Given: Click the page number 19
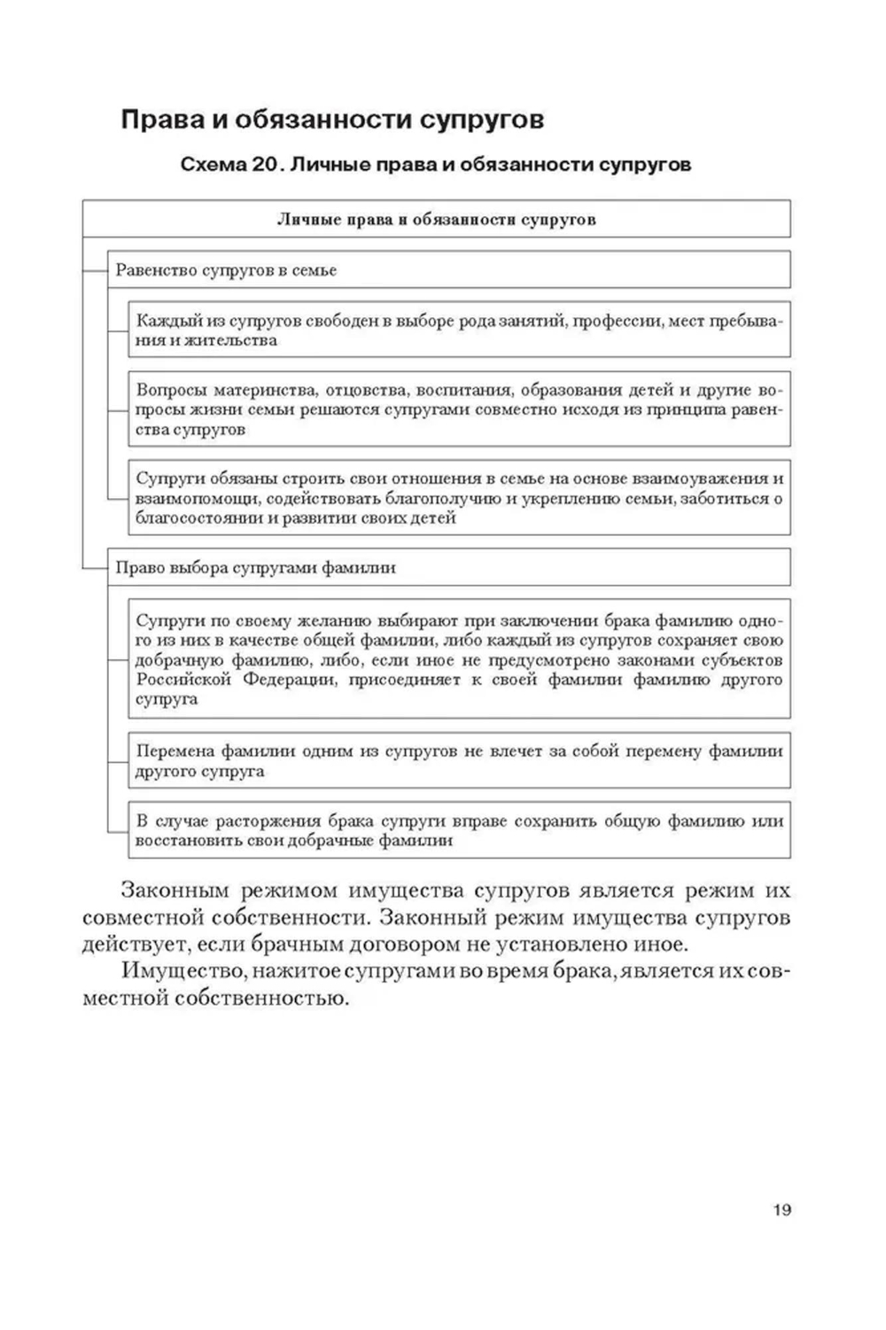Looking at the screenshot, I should click(x=781, y=1209).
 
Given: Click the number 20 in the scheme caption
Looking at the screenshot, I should click(x=261, y=165).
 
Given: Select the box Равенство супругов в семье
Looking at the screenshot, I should click(x=449, y=270).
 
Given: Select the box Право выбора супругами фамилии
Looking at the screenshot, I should click(x=449, y=567).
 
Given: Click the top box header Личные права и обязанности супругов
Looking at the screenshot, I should click(x=436, y=219).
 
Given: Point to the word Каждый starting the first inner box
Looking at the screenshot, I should click(x=165, y=321).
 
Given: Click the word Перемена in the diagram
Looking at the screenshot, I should click(x=173, y=751).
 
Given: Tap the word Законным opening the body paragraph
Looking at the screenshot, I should click(x=175, y=891).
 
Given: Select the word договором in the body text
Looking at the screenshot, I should click(x=484, y=945).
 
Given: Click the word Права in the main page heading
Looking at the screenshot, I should click(x=159, y=120).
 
